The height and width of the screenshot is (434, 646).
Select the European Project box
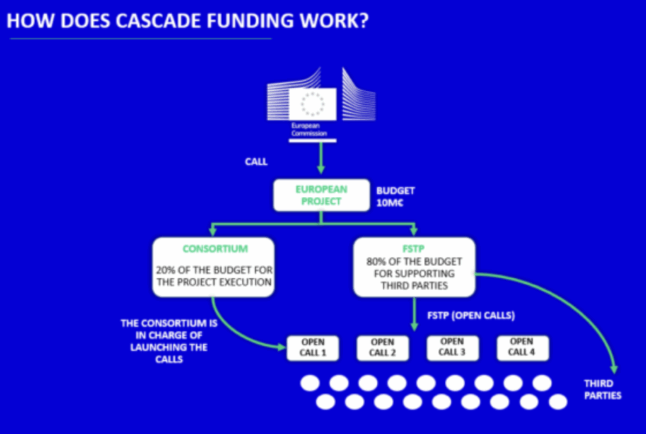[x=321, y=196]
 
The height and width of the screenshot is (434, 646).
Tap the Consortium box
[x=213, y=267]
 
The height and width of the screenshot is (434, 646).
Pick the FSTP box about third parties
[x=413, y=267]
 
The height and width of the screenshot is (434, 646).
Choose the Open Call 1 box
[x=313, y=348]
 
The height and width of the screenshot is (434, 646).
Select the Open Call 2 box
[x=382, y=348]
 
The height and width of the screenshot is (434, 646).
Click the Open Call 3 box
[x=452, y=348]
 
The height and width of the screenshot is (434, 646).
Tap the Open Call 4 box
[x=521, y=348]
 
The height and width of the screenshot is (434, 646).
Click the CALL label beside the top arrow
[x=256, y=162]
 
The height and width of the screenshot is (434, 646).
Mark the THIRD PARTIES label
[x=602, y=389]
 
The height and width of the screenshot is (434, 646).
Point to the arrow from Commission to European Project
[x=320, y=158]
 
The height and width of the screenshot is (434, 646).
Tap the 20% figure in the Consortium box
[x=167, y=270]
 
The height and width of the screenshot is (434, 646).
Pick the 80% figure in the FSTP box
[x=377, y=261]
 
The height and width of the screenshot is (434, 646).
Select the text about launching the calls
[x=169, y=341]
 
